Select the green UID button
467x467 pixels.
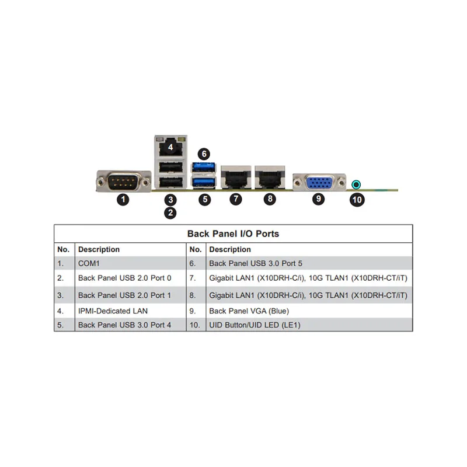click(357, 185)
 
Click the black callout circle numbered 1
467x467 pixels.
click(123, 199)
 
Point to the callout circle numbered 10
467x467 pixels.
click(357, 200)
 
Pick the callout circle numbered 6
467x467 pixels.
click(203, 154)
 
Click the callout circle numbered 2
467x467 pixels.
click(170, 213)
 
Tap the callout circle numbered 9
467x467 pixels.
click(318, 199)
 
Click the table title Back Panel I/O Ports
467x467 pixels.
click(233, 233)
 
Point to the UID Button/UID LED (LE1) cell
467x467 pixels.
click(255, 325)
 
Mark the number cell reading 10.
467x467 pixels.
click(195, 325)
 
